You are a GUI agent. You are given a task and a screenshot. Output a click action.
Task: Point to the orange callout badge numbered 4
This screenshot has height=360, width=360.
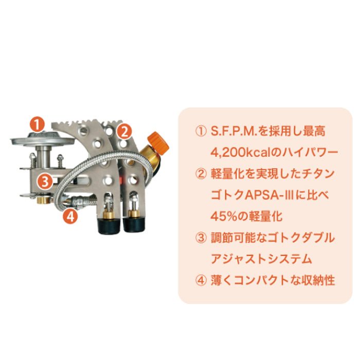71,216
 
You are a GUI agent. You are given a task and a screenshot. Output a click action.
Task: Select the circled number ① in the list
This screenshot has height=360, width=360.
201,131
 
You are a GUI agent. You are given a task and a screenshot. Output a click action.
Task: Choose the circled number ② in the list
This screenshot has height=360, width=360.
201,173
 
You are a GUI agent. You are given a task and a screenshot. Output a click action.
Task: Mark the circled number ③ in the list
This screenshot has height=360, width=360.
201,238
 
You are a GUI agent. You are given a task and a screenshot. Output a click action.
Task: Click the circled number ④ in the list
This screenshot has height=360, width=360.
201,280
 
